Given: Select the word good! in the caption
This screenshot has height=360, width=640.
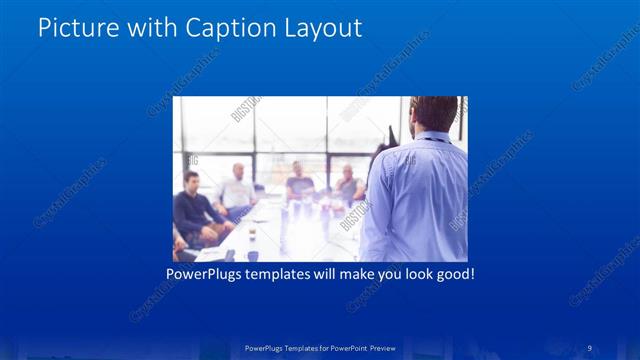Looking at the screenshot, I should click(452, 272).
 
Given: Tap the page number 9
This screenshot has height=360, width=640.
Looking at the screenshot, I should click(590, 347).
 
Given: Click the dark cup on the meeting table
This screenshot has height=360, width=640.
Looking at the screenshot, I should click(251, 237).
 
